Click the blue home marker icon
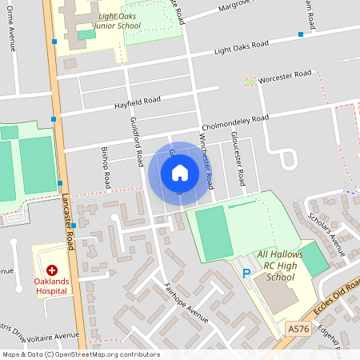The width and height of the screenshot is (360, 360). [x=180, y=173]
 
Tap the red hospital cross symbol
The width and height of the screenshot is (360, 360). [x=52, y=271]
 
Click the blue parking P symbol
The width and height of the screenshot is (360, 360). [x=246, y=274]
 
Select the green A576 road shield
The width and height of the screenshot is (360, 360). [x=298, y=329]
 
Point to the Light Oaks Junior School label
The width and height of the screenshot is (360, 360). [x=118, y=21]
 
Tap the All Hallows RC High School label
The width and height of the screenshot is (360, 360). [x=275, y=266]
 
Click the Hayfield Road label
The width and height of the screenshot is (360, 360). [x=137, y=102]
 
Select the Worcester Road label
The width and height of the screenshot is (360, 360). [x=286, y=76]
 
